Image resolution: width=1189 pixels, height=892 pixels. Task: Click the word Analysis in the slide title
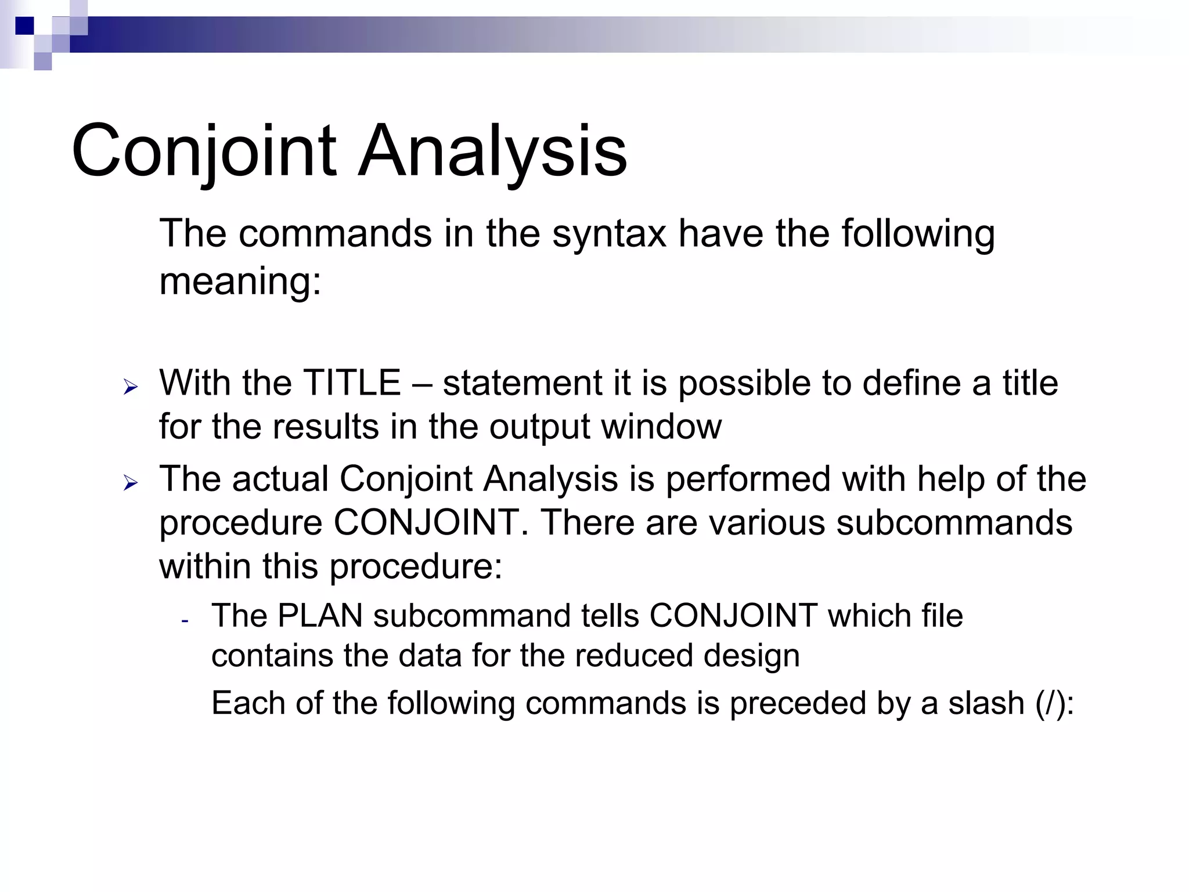tap(492, 152)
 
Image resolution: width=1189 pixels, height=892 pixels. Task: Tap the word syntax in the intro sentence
tap(608, 233)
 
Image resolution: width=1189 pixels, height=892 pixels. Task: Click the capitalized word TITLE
tap(351, 383)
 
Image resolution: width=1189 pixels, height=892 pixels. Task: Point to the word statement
tap(522, 383)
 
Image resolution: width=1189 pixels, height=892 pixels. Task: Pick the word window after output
tap(661, 427)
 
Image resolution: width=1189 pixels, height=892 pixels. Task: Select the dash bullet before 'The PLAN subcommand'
tap(185, 620)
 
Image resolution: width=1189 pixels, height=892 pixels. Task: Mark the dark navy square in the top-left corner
tap(24, 26)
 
